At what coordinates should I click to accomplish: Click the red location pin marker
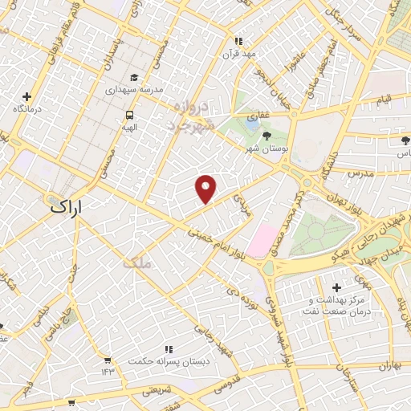(x=206, y=188)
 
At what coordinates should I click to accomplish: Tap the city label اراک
(x=67, y=206)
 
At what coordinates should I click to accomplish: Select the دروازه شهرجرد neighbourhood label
(x=191, y=118)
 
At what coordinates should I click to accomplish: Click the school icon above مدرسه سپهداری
(x=135, y=78)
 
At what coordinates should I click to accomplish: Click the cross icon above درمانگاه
(x=27, y=96)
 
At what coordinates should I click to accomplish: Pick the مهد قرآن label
(x=238, y=54)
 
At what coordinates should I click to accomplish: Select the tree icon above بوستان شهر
(x=266, y=136)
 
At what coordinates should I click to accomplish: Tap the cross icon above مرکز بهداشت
(x=336, y=287)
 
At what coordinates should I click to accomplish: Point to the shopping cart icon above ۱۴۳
(x=107, y=360)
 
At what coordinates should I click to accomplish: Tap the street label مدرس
(x=363, y=173)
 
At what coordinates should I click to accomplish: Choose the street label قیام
(x=384, y=100)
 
